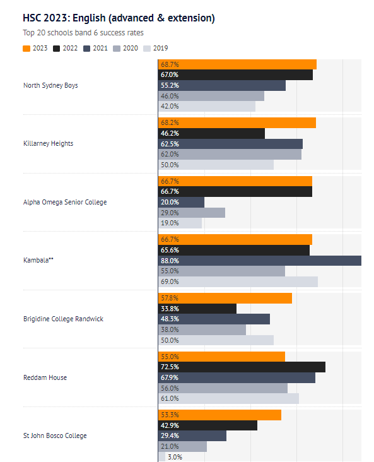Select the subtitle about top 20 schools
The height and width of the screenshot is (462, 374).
click(83, 33)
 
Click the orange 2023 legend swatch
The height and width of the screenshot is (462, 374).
click(26, 49)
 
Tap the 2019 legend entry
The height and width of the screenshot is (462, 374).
click(156, 49)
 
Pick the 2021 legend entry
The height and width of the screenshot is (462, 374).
click(95, 49)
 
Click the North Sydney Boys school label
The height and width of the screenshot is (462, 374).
click(50, 85)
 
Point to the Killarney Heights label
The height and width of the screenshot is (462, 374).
click(49, 143)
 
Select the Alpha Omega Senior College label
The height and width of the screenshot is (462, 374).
click(65, 202)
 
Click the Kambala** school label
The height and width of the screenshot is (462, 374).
click(38, 260)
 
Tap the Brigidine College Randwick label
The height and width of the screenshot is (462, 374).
click(63, 319)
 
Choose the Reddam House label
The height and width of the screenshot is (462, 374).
click(45, 377)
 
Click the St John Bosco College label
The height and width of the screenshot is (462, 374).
click(55, 435)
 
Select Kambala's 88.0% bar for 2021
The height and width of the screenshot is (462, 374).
click(260, 261)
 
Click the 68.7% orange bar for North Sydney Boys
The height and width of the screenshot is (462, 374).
click(237, 64)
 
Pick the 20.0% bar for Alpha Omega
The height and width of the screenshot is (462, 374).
click(181, 202)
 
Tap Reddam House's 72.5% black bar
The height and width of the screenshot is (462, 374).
click(242, 367)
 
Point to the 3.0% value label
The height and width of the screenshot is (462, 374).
click(175, 457)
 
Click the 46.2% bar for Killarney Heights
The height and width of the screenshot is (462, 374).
click(211, 133)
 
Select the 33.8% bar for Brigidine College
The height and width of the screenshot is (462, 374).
click(197, 309)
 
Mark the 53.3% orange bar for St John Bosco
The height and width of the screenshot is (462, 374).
click(219, 415)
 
